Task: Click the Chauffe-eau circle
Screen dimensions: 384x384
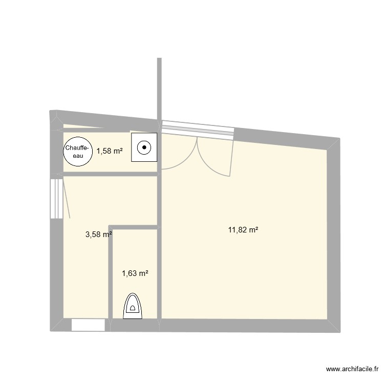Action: tap(77, 152)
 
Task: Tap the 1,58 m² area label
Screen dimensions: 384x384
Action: tap(110, 151)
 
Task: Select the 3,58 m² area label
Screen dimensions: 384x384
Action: tap(98, 235)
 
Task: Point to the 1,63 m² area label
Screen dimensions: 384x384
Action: tap(135, 274)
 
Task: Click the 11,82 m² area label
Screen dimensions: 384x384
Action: tap(243, 230)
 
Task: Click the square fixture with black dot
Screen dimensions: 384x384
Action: tap(144, 148)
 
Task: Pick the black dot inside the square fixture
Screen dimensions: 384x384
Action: tap(144, 148)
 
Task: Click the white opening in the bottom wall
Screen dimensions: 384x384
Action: tap(88, 325)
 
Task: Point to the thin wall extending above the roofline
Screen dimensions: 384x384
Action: tap(159, 87)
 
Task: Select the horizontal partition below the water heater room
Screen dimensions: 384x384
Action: tap(110, 174)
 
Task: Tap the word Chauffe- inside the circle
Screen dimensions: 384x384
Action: tap(77, 148)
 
